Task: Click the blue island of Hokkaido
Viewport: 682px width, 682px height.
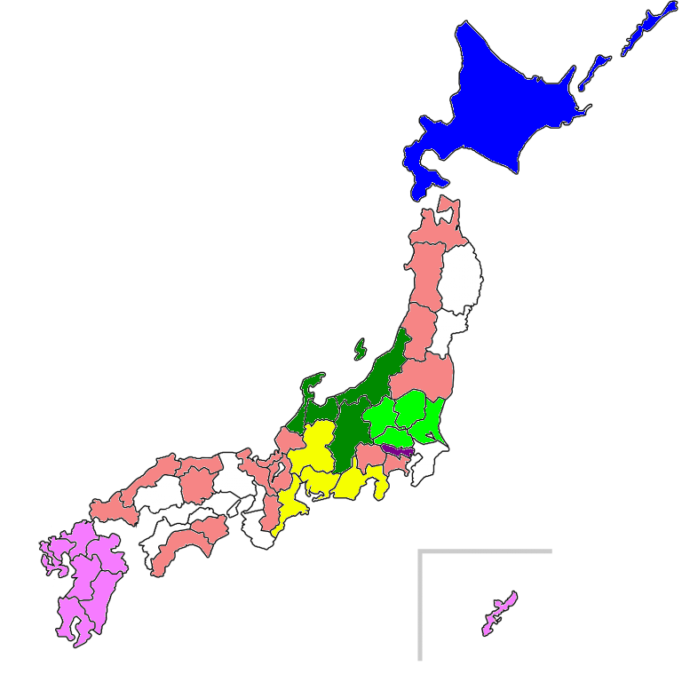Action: click(506, 107)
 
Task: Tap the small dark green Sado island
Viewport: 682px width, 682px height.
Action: click(360, 348)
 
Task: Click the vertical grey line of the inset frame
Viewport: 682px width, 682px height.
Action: click(419, 613)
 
